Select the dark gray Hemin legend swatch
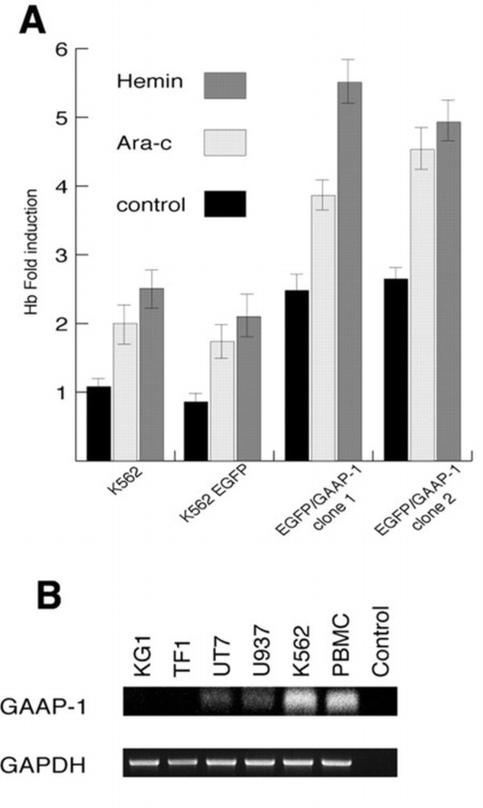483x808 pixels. [225, 85]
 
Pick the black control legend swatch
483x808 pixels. [225, 204]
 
